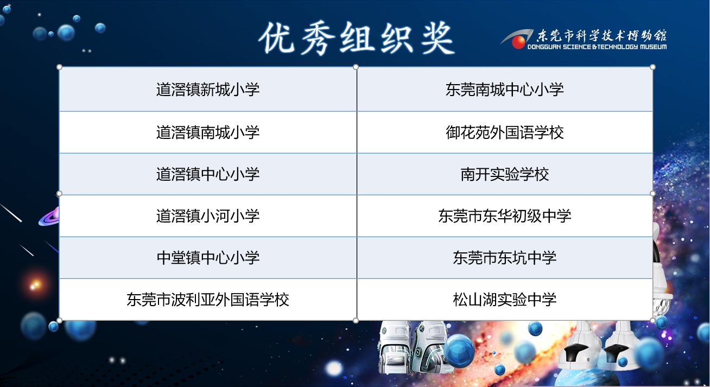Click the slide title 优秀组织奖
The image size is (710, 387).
click(x=357, y=39)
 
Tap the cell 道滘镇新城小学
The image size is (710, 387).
click(x=208, y=90)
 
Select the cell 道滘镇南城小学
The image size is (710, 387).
click(x=208, y=132)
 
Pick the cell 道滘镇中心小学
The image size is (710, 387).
click(x=208, y=174)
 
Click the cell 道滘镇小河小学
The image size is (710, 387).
click(x=208, y=216)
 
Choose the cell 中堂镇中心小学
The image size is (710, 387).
click(x=208, y=258)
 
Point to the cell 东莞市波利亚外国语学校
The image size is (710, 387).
click(x=208, y=300)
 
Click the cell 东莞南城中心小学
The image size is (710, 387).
click(x=505, y=90)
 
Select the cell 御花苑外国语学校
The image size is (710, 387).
click(x=505, y=132)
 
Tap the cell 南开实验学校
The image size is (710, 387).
click(x=505, y=174)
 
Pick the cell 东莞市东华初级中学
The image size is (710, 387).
click(x=505, y=216)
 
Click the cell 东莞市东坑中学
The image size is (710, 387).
click(x=505, y=258)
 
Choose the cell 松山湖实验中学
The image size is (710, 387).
click(x=505, y=300)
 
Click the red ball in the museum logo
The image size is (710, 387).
click(x=518, y=42)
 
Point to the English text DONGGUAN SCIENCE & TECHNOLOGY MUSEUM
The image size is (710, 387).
click(x=597, y=47)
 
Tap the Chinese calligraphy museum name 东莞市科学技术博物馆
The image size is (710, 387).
click(x=601, y=35)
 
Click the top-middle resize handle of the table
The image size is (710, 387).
click(x=356, y=67)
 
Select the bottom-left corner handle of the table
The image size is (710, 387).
click(x=59, y=320)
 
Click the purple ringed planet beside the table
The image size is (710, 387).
click(x=49, y=217)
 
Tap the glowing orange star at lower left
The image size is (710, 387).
click(x=35, y=285)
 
